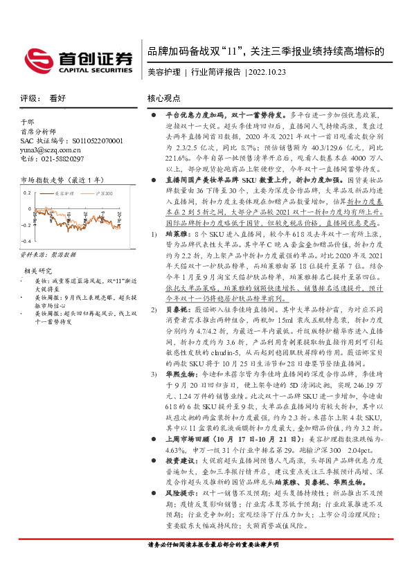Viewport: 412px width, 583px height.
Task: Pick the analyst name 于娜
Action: tap(27, 121)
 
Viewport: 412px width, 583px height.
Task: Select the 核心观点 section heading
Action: tap(164, 98)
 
